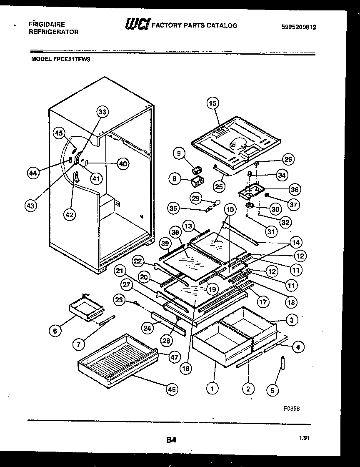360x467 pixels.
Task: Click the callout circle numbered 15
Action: (x=213, y=103)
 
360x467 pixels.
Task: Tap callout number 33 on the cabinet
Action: (x=102, y=112)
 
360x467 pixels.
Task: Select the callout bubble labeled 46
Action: (x=171, y=389)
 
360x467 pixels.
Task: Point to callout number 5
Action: (x=272, y=391)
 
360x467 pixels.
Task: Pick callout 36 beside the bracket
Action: (x=295, y=190)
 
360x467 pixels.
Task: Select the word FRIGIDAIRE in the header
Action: (x=46, y=24)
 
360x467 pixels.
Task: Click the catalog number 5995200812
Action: (x=299, y=27)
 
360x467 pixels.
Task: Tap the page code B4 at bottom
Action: (x=171, y=439)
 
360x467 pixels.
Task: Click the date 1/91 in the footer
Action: (x=304, y=438)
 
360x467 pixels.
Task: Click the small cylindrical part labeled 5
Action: (x=283, y=363)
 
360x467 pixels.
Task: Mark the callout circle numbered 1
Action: (x=212, y=389)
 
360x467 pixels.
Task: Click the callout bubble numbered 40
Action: (x=122, y=164)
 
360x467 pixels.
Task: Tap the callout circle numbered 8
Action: (x=174, y=179)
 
